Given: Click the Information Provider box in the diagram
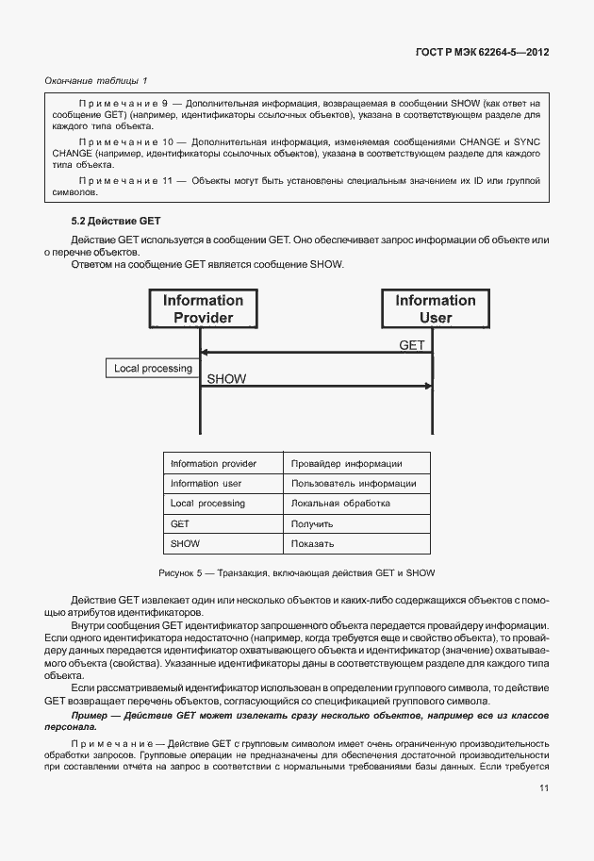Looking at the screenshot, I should (x=202, y=309).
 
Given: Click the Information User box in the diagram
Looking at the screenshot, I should (x=435, y=309).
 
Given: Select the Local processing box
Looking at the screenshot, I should (x=153, y=368).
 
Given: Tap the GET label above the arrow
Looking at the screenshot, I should (x=412, y=345).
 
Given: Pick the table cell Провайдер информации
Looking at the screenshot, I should (x=347, y=463).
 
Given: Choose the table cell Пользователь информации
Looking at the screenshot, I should (x=354, y=484).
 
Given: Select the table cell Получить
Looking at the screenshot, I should (x=312, y=523).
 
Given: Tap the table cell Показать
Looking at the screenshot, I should (x=313, y=544).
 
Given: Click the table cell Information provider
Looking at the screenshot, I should (x=213, y=463).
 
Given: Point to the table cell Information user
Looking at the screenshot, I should (x=206, y=484).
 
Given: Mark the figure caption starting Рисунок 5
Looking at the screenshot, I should (x=296, y=573).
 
